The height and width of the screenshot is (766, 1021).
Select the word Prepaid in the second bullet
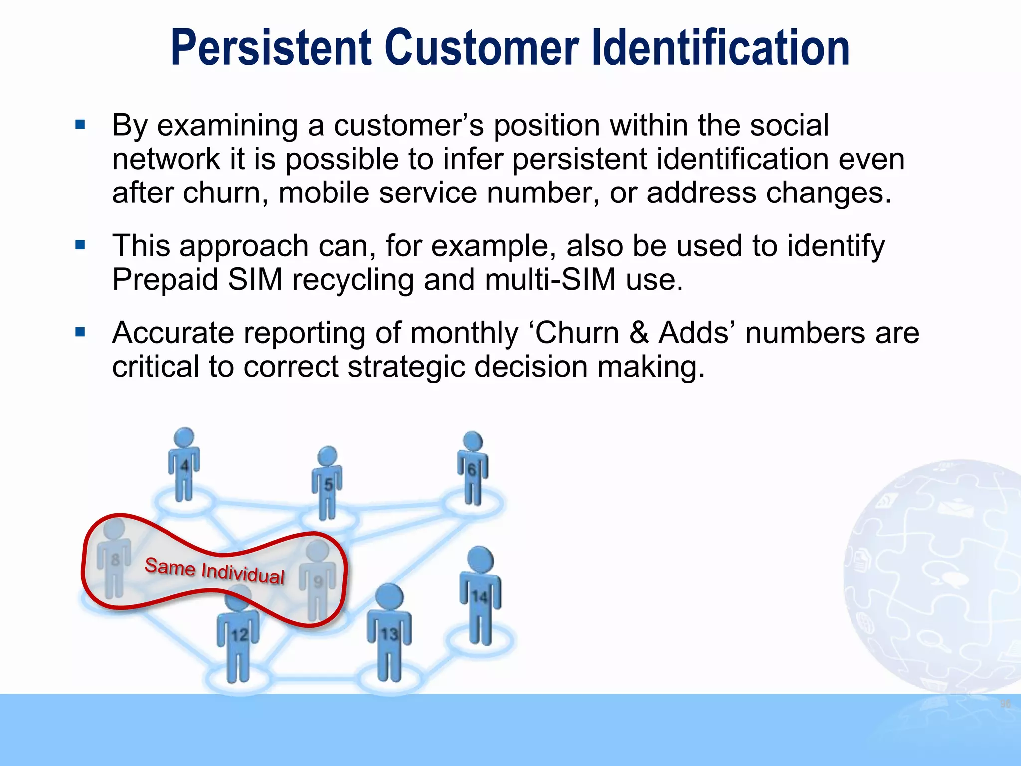tap(165, 279)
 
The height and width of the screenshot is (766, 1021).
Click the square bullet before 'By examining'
tap(80, 124)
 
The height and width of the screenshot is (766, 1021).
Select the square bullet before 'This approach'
tap(80, 245)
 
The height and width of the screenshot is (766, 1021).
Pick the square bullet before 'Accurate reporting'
tap(80, 332)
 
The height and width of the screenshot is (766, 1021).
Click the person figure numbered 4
tap(184, 464)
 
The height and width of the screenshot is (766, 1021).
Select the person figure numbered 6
tap(472, 468)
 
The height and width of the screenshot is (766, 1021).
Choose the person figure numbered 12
tap(239, 633)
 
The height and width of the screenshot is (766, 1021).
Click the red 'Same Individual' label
tap(214, 571)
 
